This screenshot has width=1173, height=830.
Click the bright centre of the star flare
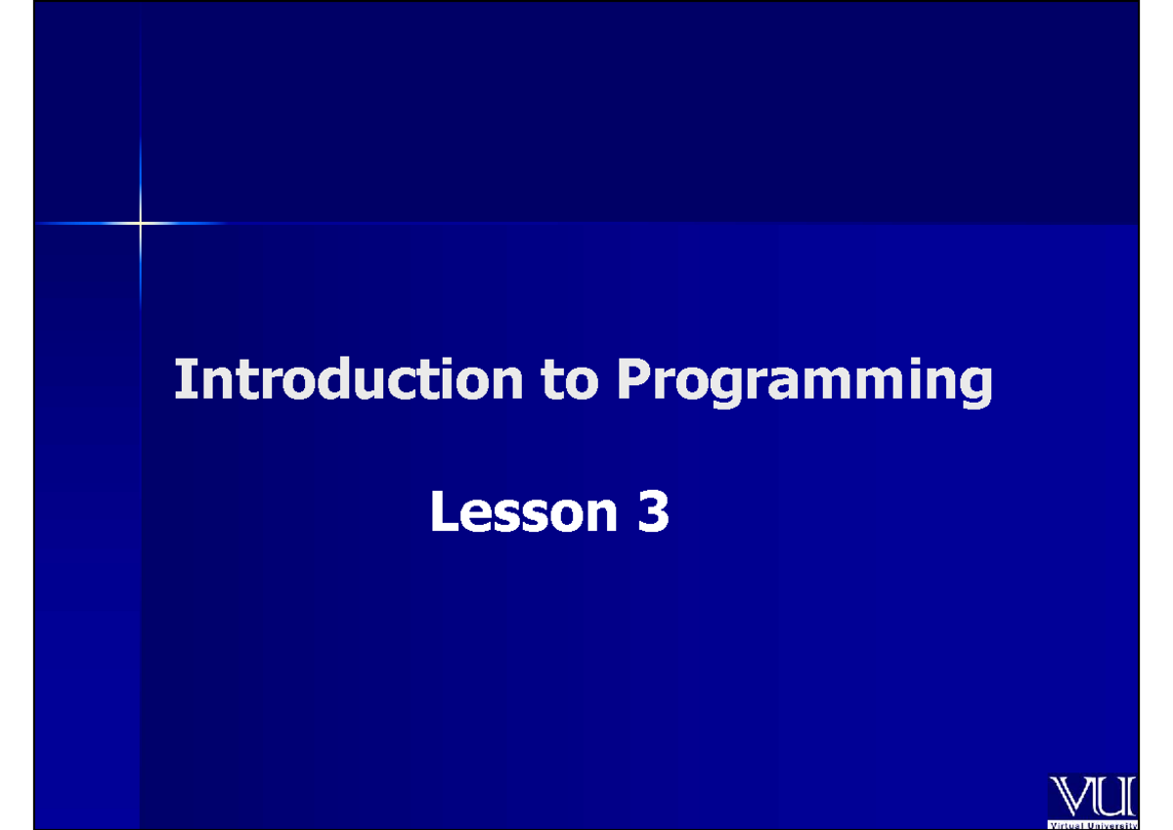[x=140, y=224]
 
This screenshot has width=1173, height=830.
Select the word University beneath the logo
[x=1111, y=825]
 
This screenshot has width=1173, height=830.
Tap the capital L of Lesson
[x=443, y=513]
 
